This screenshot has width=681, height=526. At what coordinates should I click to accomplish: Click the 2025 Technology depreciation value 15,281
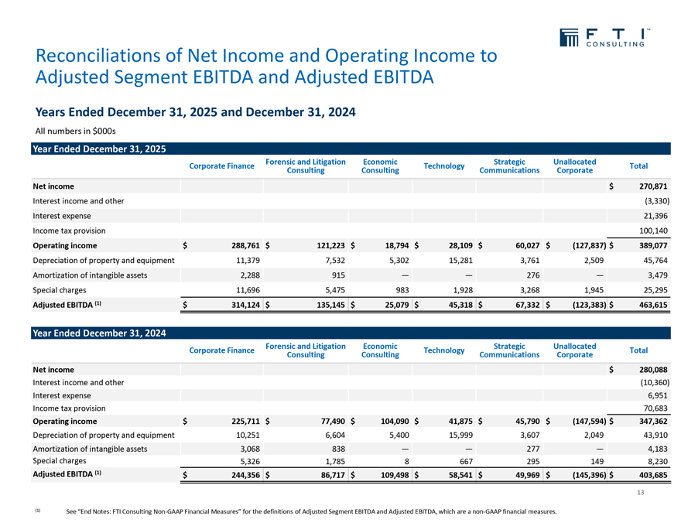pos(453,260)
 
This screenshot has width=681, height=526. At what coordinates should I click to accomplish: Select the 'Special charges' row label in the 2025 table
pos(60,289)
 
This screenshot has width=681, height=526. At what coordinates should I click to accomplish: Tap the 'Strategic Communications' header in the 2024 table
pos(509,350)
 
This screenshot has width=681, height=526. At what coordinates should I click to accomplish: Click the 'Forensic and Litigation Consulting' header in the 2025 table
pos(305,166)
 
